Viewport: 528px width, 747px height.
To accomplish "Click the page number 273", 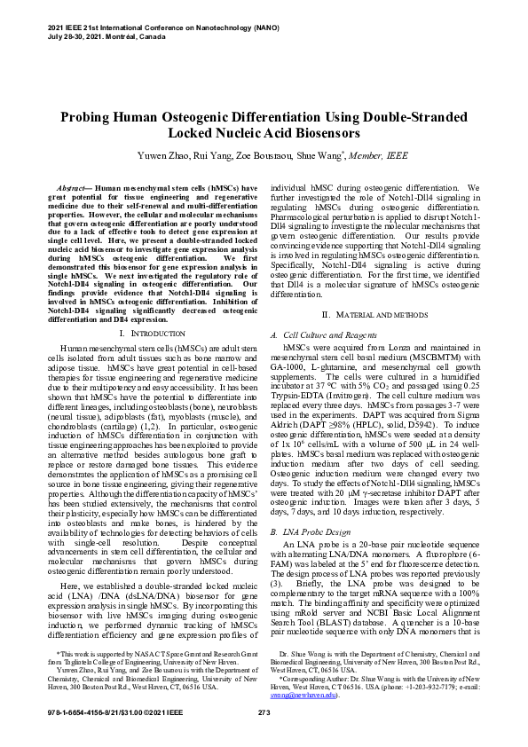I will (x=264, y=714).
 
